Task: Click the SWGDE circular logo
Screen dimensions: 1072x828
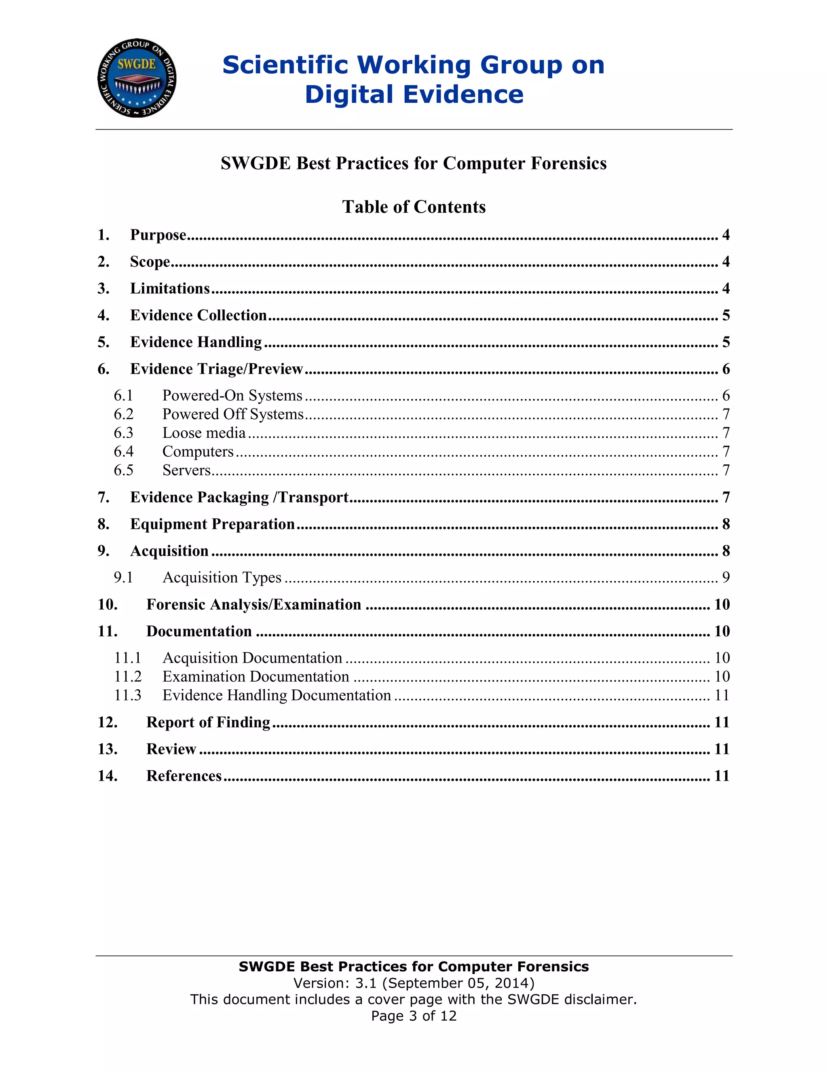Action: point(137,78)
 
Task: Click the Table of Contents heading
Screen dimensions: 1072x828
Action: point(414,207)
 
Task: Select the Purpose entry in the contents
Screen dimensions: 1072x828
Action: point(158,235)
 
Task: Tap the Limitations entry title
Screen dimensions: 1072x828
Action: point(170,288)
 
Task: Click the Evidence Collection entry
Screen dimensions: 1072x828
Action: point(198,315)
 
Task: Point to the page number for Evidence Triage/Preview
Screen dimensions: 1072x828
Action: point(725,369)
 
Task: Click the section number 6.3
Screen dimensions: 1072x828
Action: point(124,432)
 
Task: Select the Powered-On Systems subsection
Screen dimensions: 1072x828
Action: point(232,395)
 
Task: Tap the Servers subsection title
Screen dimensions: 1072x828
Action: point(186,470)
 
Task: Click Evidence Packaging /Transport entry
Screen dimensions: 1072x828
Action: point(239,497)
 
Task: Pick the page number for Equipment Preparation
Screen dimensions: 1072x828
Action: point(725,524)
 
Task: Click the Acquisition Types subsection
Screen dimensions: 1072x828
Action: point(222,577)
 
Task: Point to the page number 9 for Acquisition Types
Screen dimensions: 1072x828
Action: point(725,577)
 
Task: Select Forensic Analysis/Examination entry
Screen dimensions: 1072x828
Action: point(253,604)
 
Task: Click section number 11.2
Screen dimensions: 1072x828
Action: point(127,676)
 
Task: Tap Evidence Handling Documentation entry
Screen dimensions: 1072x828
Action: point(277,695)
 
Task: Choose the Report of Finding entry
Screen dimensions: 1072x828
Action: point(208,722)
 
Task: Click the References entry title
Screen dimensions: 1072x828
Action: point(184,775)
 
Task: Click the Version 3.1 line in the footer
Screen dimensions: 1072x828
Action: point(414,983)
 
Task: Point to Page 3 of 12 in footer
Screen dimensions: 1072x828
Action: point(414,1015)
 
